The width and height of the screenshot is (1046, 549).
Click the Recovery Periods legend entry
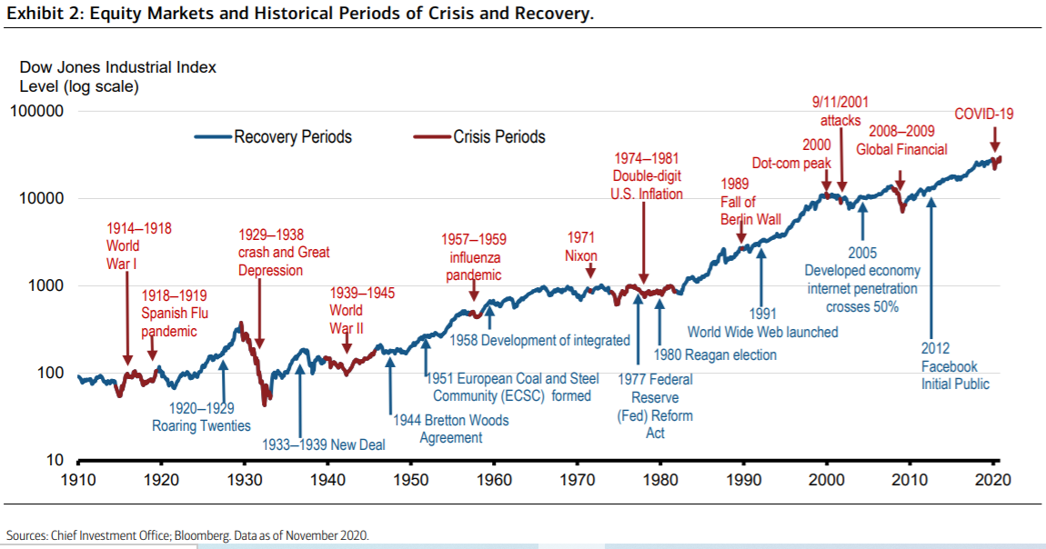(274, 136)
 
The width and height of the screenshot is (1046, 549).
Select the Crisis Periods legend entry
(479, 136)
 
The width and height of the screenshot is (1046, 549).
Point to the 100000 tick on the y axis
(37, 111)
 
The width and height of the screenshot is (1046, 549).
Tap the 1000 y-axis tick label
(46, 285)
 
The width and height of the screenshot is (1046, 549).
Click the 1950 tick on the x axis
(411, 479)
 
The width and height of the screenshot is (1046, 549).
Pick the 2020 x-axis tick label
(993, 479)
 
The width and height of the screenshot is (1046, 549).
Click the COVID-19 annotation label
(984, 114)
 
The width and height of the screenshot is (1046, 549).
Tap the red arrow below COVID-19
(995, 140)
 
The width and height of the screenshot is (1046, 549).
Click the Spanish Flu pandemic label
(174, 314)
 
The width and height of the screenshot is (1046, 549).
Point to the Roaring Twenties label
(201, 417)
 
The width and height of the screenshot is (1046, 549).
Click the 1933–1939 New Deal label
(324, 444)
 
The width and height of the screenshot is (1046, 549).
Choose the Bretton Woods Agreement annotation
(451, 429)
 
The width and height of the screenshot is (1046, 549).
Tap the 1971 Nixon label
(581, 246)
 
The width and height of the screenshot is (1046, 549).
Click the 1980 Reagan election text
(715, 354)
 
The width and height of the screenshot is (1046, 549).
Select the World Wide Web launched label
(762, 324)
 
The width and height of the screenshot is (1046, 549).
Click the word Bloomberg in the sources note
(203, 535)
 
